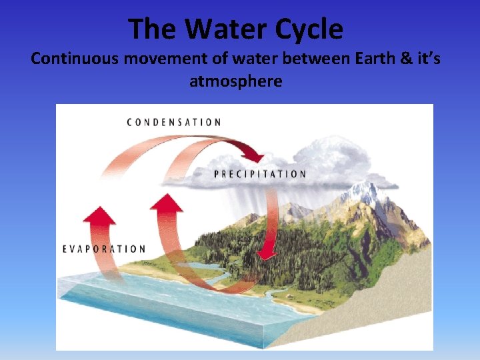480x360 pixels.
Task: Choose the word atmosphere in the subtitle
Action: [236, 82]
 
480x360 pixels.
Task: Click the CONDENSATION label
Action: [174, 123]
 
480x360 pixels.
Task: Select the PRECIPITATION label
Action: [260, 174]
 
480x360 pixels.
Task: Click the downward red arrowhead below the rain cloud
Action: [267, 251]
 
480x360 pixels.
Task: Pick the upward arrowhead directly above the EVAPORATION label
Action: [98, 215]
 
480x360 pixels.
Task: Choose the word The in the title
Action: [153, 29]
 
